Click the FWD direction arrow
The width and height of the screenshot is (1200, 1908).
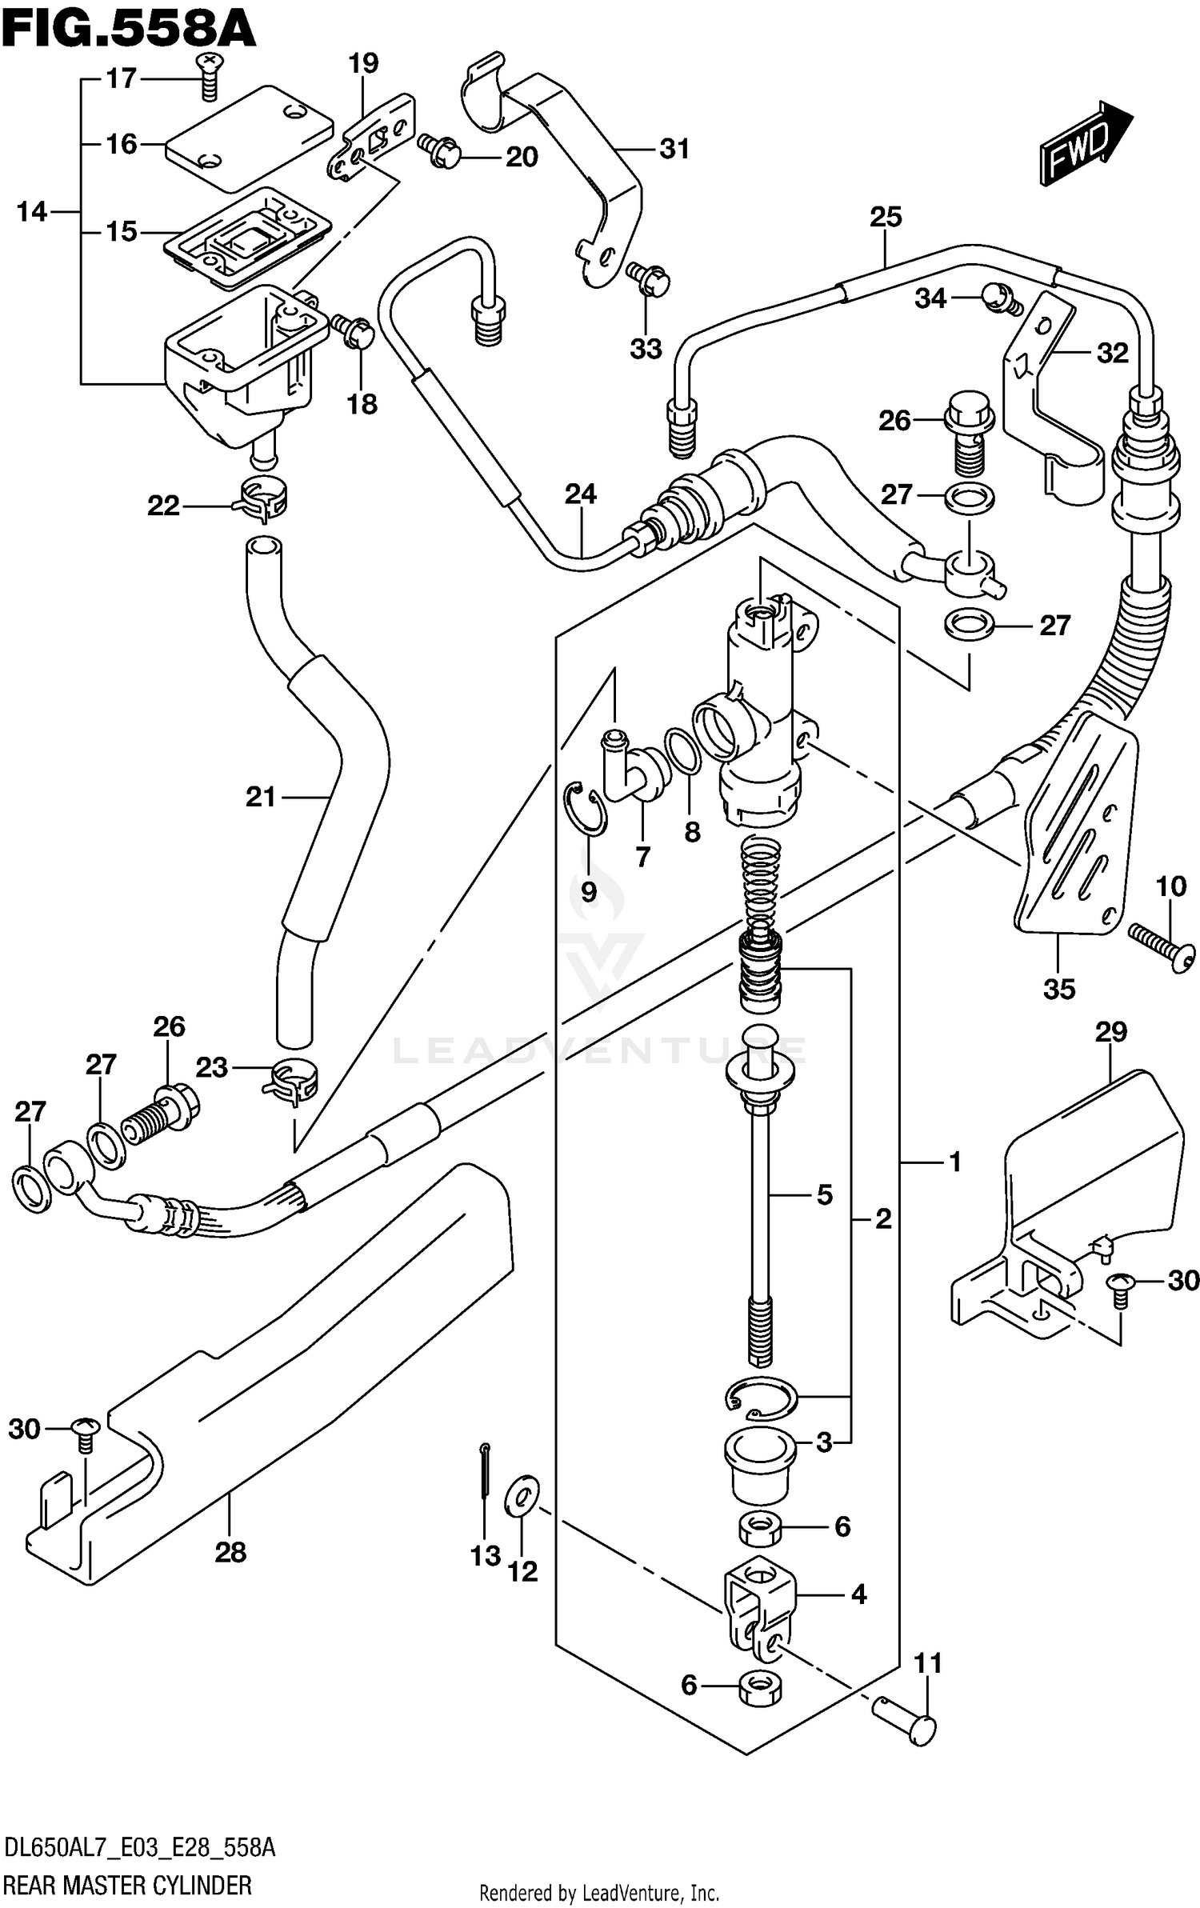pyautogui.click(x=1085, y=145)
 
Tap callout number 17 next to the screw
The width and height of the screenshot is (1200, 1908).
pyautogui.click(x=122, y=78)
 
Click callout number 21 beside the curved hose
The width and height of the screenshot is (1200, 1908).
pyautogui.click(x=261, y=796)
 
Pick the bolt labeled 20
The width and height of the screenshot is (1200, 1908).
pyautogui.click(x=441, y=150)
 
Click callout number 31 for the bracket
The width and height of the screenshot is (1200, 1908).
pyautogui.click(x=674, y=149)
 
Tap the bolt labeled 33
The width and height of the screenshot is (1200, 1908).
pyautogui.click(x=650, y=278)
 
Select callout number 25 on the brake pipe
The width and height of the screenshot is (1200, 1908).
pyautogui.click(x=886, y=217)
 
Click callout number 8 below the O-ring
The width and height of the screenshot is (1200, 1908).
pyautogui.click(x=692, y=832)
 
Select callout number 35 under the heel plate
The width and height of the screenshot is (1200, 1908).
pyautogui.click(x=1059, y=989)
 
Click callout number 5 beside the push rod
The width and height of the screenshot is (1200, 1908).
pyautogui.click(x=825, y=1195)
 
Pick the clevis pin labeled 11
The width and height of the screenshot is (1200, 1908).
pyautogui.click(x=904, y=1722)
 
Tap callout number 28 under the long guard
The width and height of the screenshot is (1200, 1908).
pyautogui.click(x=230, y=1552)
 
